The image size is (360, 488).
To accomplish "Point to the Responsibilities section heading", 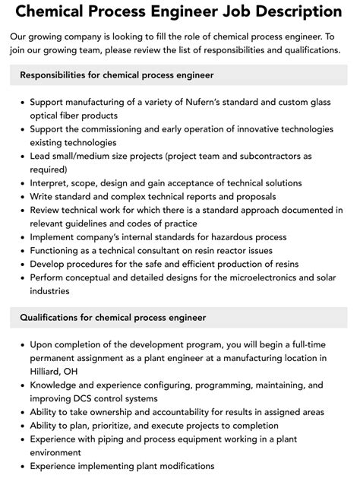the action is tap(117, 74).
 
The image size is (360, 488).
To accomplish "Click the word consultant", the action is tap(171, 250).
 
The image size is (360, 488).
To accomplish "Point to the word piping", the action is tap(120, 439).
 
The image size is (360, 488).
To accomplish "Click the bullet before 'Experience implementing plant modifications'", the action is tap(22, 467).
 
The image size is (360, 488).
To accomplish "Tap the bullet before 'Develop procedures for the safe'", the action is tap(22, 264).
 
